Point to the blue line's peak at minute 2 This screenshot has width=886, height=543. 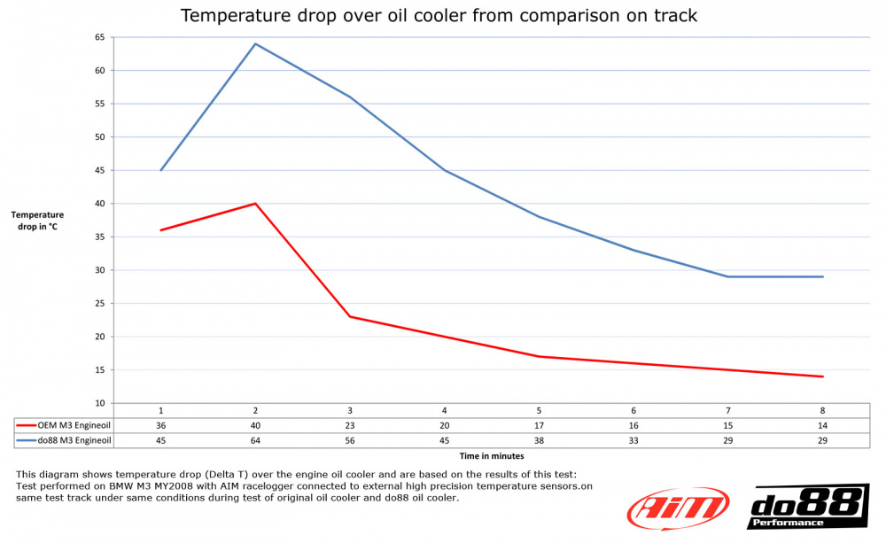[x=255, y=43]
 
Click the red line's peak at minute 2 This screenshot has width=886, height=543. [x=255, y=204]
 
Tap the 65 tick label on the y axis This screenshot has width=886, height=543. [x=99, y=37]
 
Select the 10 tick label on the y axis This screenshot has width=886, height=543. [x=99, y=403]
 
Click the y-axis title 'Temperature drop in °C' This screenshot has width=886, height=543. [x=37, y=220]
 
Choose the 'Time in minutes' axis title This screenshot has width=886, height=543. [x=491, y=455]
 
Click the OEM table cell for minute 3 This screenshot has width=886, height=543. [x=350, y=425]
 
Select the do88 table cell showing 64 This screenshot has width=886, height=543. [x=255, y=440]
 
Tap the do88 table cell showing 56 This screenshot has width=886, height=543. [x=350, y=440]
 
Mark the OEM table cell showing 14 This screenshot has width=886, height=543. [x=823, y=425]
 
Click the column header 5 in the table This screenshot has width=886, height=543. [x=539, y=411]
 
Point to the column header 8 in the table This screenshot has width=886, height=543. [x=823, y=411]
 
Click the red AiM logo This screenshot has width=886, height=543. [x=678, y=508]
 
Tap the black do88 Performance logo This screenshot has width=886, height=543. [x=808, y=507]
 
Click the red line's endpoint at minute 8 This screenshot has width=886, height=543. [x=823, y=376]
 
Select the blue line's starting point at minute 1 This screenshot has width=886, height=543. [x=160, y=170]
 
